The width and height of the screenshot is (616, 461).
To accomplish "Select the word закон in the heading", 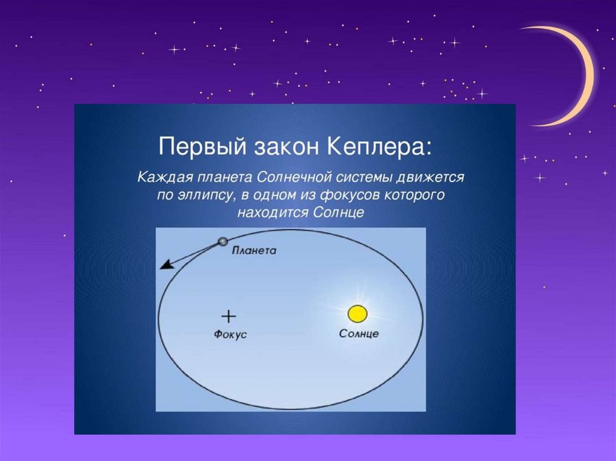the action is click(x=286, y=147).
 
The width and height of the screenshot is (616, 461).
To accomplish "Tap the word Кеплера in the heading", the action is click(x=379, y=147).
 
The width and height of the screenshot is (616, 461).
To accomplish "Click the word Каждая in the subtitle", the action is click(x=165, y=177).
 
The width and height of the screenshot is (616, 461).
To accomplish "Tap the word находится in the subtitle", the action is click(x=273, y=212).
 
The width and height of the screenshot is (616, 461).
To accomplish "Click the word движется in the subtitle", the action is click(x=430, y=177).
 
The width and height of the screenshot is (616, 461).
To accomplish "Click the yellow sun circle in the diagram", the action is click(x=357, y=314).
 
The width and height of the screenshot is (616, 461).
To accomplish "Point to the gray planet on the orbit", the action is click(x=223, y=242).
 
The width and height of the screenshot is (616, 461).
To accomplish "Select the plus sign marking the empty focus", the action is click(x=228, y=316).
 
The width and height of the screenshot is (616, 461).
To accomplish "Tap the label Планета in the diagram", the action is click(x=254, y=251).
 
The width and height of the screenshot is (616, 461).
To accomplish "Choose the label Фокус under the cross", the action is click(x=230, y=334).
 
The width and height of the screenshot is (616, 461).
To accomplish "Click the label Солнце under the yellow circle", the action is click(x=359, y=334).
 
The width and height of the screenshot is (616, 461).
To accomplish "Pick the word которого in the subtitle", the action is click(x=414, y=195).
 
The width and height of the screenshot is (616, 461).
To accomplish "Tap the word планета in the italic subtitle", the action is click(x=225, y=177).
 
